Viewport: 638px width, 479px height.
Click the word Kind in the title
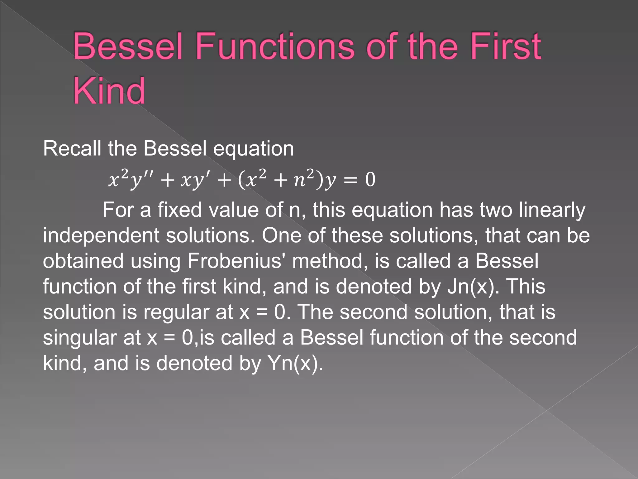click(x=109, y=91)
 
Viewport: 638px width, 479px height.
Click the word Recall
click(x=72, y=148)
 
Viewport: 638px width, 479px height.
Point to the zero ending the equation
click(x=370, y=180)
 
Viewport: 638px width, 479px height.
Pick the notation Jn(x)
click(x=470, y=287)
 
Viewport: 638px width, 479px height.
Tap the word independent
click(x=101, y=235)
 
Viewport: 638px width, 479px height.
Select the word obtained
click(x=83, y=261)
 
